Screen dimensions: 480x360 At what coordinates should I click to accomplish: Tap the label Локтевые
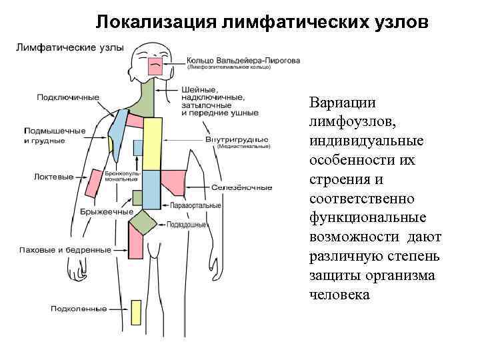tap(53, 177)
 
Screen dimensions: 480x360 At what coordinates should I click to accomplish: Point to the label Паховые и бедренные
tap(65, 250)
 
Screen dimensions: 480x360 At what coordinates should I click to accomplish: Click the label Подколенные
tap(79, 309)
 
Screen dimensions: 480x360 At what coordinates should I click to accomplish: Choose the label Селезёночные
tap(241, 187)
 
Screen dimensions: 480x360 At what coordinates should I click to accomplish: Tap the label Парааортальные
tap(195, 206)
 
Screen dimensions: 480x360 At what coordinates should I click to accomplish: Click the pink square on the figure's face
tap(155, 65)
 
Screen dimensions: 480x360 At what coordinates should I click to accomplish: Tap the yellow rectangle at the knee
tap(136, 312)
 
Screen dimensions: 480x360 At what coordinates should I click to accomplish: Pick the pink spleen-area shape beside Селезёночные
tap(174, 179)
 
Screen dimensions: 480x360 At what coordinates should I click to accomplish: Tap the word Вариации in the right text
tap(342, 104)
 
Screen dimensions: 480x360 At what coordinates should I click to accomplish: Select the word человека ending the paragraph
tap(339, 294)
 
